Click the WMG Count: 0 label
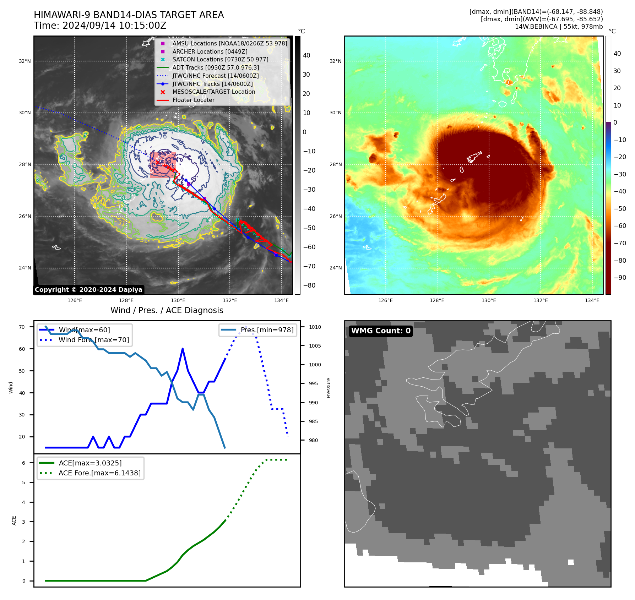380,331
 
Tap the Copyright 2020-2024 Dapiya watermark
88,290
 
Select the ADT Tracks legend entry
216,67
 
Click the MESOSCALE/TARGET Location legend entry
213,92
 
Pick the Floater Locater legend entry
193,100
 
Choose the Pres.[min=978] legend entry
267,330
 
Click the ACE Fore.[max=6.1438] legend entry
99,473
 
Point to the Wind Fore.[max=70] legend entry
94,340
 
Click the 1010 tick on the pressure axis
315,327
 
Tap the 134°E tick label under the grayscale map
281,301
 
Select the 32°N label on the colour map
335,61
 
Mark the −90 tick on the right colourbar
620,278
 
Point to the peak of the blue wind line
183,349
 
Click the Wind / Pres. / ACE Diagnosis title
167,310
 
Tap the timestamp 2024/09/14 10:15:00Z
114,26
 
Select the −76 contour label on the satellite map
162,137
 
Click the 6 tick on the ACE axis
24,463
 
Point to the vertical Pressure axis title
329,388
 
